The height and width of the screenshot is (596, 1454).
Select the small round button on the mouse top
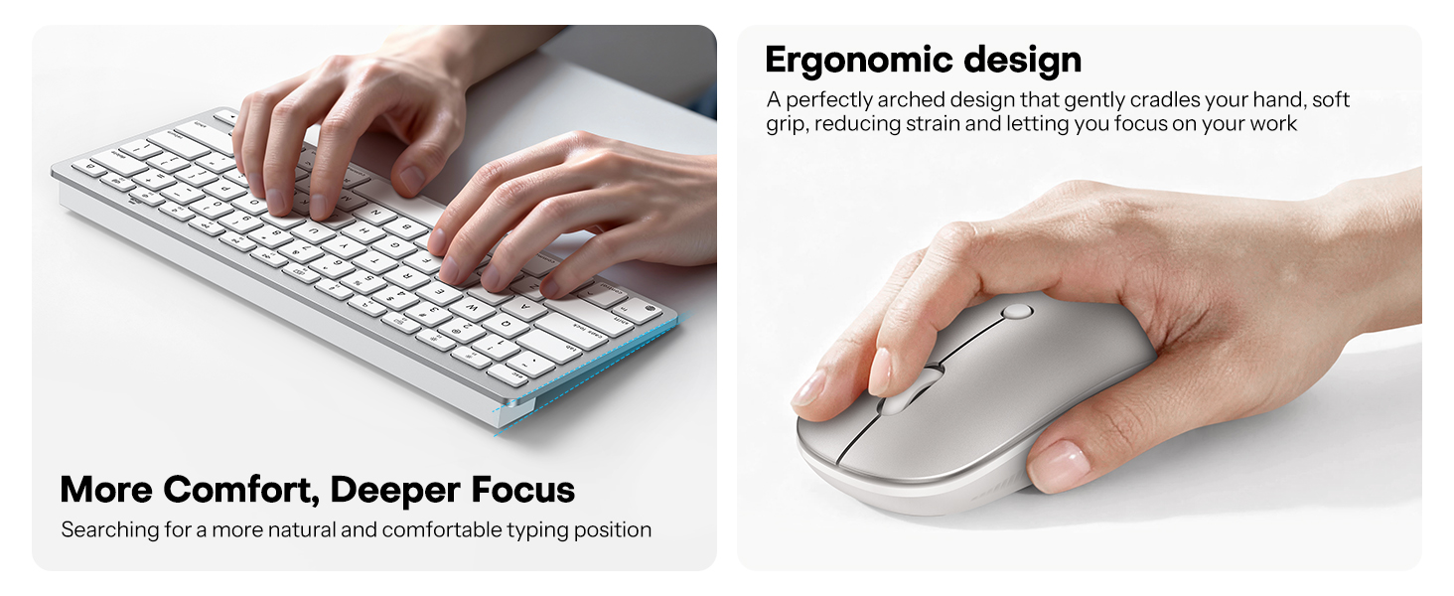click(1016, 311)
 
